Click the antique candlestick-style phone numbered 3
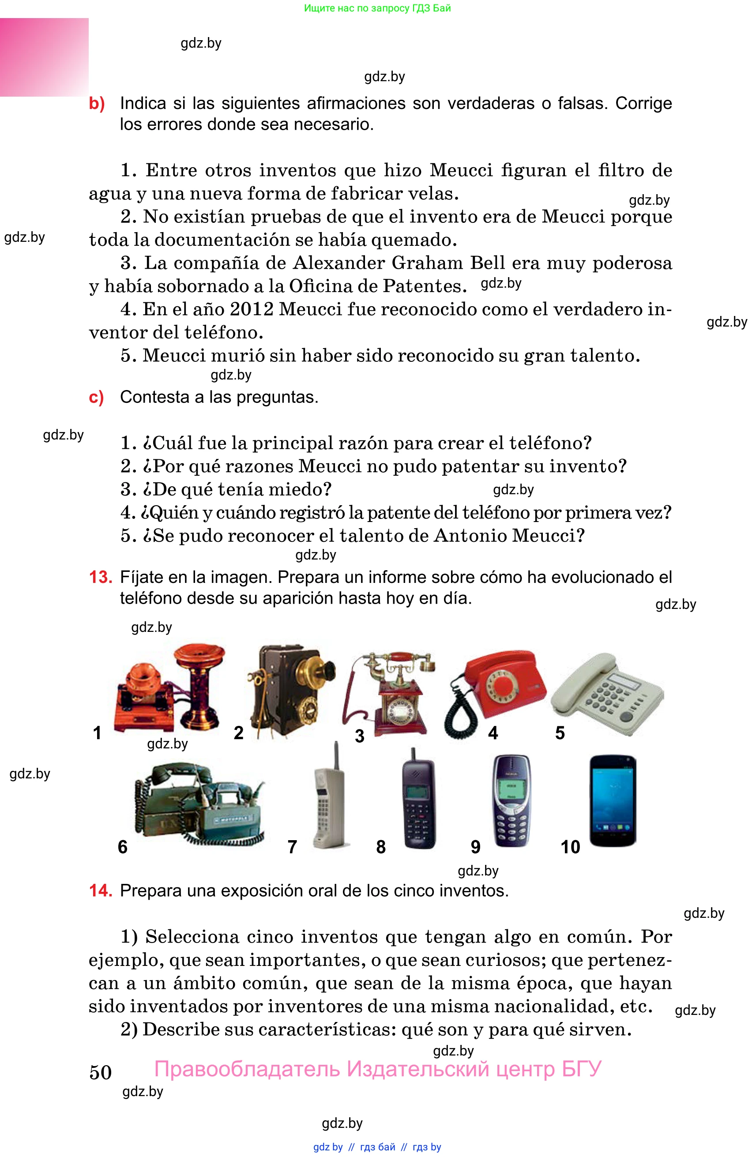[x=389, y=693]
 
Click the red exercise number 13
[x=100, y=577]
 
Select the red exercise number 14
[x=100, y=890]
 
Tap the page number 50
[x=101, y=1072]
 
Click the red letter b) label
[x=97, y=104]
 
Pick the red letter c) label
[x=96, y=398]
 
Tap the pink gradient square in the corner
[x=44, y=57]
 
